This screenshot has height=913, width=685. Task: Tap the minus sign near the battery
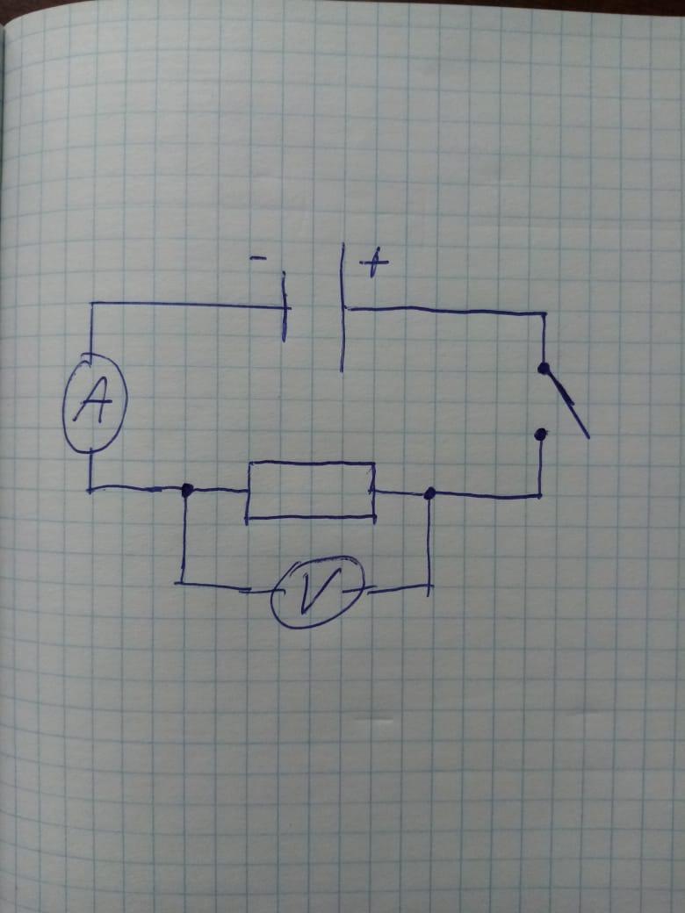click(x=257, y=258)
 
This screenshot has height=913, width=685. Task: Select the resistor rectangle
click(x=311, y=490)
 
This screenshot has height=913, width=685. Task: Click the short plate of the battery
click(x=285, y=307)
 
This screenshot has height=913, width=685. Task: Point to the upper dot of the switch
click(x=544, y=369)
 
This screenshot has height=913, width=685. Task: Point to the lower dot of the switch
click(x=541, y=433)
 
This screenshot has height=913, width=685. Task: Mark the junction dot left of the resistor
click(x=186, y=490)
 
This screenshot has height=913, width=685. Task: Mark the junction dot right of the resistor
click(x=429, y=494)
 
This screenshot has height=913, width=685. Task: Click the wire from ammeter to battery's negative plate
click(x=184, y=305)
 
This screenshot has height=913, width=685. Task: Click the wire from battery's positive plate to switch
click(x=448, y=311)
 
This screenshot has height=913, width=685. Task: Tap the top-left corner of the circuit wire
click(x=90, y=305)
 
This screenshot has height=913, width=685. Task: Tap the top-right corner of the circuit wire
click(x=544, y=313)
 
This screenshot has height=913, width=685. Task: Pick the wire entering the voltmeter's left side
click(x=224, y=586)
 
